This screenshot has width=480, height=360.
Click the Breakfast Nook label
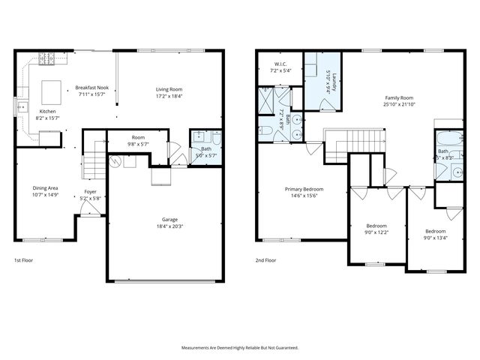(x=92, y=88)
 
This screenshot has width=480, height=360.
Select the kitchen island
(x=50, y=91)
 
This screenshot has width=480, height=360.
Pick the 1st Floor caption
(x=24, y=260)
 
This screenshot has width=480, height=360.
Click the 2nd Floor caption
(x=265, y=260)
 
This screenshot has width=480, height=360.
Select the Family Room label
(x=399, y=97)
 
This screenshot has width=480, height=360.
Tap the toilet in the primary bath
(x=268, y=131)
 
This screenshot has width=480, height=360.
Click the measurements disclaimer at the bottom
(x=240, y=348)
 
